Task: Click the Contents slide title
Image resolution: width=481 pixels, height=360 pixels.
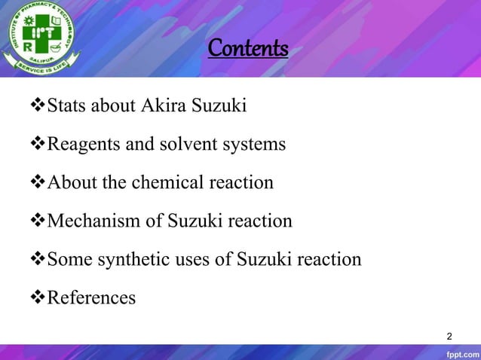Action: point(248,49)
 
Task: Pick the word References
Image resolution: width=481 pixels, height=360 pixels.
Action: point(91,298)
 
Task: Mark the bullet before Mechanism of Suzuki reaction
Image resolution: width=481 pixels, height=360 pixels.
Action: point(38,221)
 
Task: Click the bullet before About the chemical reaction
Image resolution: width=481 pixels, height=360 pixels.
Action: point(38,182)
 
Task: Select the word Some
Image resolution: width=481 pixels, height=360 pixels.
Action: point(66,260)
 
